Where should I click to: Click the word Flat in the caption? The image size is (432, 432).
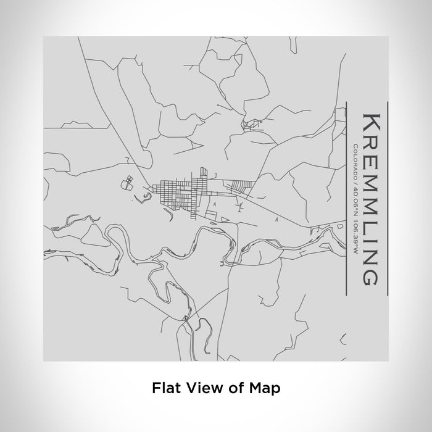coord(165,388)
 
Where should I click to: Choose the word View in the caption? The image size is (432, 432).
coord(197,388)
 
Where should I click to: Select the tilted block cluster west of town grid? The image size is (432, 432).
coord(128,181)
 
